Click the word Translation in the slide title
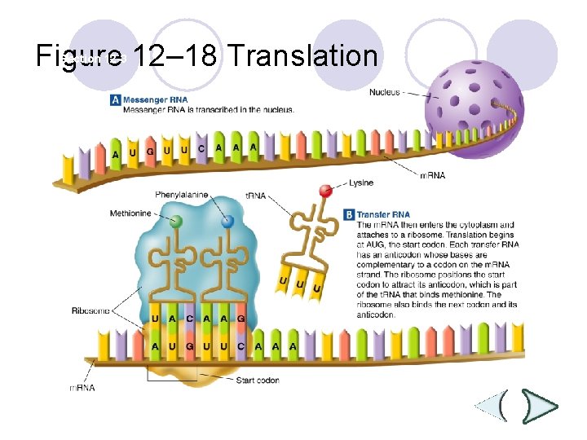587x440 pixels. pos(302,56)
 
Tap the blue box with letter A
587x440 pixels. pos(115,100)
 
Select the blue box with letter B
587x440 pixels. pos(349,214)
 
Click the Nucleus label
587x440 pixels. pos(385,92)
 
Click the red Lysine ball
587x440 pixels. pos(325,191)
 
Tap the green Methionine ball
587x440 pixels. pos(175,220)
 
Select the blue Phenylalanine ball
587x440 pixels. pos(228,220)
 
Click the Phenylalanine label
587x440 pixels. pos(182,195)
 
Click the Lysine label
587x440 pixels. pos(361,183)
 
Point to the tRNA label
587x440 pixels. pos(255,196)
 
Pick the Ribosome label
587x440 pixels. pos(89,310)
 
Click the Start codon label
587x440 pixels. pos(257,380)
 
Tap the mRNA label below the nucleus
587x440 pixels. pos(432,175)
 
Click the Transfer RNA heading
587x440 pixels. pos(383,214)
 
